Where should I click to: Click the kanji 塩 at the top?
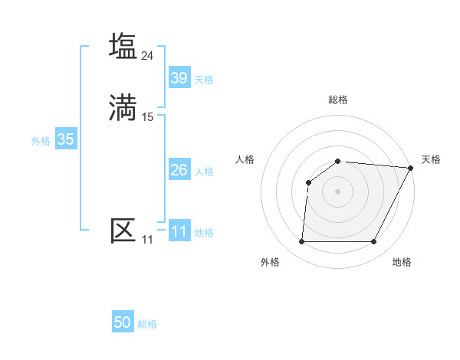(123, 46)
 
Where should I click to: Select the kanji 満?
(123, 107)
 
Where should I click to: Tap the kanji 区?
(123, 231)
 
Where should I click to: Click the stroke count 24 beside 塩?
(148, 55)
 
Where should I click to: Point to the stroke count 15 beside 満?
(148, 117)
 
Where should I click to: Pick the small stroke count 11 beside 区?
(147, 240)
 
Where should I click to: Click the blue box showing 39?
(179, 78)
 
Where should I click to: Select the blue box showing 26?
(179, 170)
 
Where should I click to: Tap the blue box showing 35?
(65, 139)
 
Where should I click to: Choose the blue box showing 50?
(123, 322)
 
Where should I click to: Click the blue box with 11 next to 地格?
(179, 231)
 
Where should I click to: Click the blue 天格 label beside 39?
(204, 80)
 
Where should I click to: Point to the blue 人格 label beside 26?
(204, 172)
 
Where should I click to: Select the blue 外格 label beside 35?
(41, 141)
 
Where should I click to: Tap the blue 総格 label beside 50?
(147, 324)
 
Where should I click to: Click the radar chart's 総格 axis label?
(338, 100)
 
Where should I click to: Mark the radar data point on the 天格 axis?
(411, 168)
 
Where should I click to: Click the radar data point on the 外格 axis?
(301, 242)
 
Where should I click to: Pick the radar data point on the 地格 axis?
(374, 242)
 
